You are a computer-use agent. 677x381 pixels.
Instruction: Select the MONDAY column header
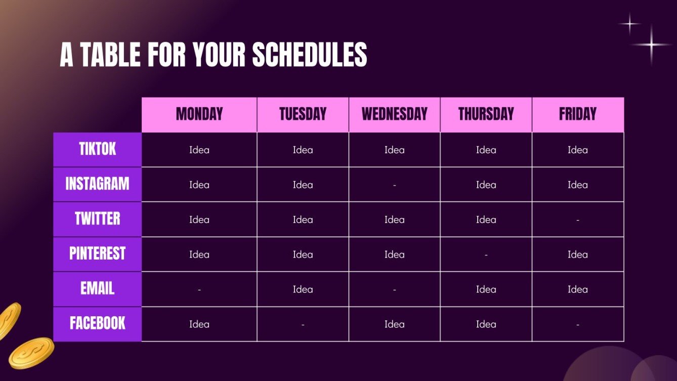pyautogui.click(x=199, y=114)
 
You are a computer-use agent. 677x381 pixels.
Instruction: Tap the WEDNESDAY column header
pyautogui.click(x=395, y=114)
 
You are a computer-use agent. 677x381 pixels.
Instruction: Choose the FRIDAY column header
pyautogui.click(x=578, y=114)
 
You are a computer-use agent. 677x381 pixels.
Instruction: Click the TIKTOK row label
pyautogui.click(x=97, y=149)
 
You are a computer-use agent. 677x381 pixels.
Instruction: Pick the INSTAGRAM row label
pyautogui.click(x=97, y=184)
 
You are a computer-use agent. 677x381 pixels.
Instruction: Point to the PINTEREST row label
pyautogui.click(x=97, y=253)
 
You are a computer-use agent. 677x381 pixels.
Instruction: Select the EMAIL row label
pyautogui.click(x=97, y=288)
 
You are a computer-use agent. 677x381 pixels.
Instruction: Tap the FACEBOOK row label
pyautogui.click(x=97, y=323)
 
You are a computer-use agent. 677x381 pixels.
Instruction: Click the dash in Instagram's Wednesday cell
pyautogui.click(x=395, y=185)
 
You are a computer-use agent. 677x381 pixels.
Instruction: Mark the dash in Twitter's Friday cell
pyautogui.click(x=578, y=220)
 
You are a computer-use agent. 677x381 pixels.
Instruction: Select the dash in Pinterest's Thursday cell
pyautogui.click(x=486, y=255)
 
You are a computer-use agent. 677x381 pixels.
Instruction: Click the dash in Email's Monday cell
pyautogui.click(x=199, y=290)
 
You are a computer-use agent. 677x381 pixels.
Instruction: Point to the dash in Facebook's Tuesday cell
pyautogui.click(x=303, y=325)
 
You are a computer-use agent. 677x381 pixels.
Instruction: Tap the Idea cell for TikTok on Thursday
pyautogui.click(x=486, y=150)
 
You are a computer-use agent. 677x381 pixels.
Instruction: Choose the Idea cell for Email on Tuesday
pyautogui.click(x=303, y=289)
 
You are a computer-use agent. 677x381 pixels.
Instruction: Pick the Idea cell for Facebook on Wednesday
pyautogui.click(x=395, y=324)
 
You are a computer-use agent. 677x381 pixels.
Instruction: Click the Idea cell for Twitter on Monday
pyautogui.click(x=199, y=220)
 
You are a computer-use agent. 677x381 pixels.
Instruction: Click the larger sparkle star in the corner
pyautogui.click(x=652, y=45)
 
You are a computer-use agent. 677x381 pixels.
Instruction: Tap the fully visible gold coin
pyautogui.click(x=31, y=353)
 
